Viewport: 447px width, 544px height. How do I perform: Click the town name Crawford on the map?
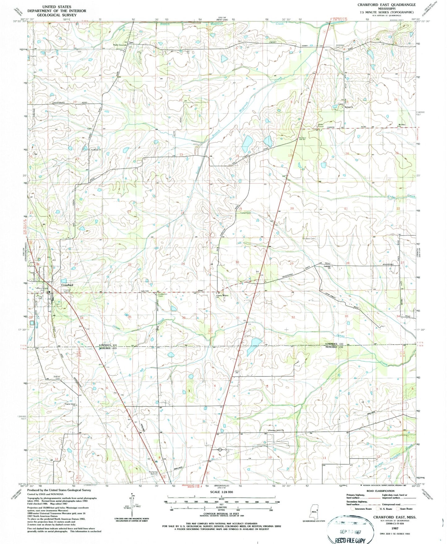pyautogui.click(x=67, y=285)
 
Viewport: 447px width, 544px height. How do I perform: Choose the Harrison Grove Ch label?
pyautogui.click(x=276, y=430)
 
